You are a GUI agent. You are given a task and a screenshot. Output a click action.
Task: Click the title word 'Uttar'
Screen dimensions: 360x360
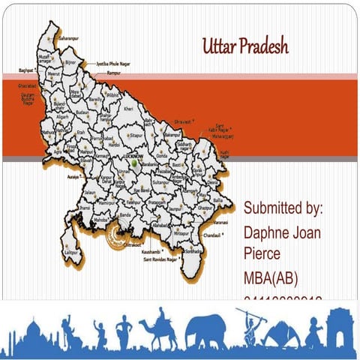tap(218, 46)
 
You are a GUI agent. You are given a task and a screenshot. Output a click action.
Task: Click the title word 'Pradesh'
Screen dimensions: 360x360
tap(262, 46)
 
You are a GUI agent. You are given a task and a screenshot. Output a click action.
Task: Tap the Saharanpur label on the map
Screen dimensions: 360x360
tap(68, 37)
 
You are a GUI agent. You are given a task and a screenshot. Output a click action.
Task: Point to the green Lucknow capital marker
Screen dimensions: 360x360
tap(134, 162)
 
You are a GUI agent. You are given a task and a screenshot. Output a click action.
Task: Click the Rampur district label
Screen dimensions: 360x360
tap(114, 74)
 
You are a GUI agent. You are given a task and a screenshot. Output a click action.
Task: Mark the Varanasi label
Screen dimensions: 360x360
tap(219, 222)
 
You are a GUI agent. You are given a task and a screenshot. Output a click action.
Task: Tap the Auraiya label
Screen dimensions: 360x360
tap(73, 177)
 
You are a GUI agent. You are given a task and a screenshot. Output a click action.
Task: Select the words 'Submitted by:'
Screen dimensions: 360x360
tap(283, 207)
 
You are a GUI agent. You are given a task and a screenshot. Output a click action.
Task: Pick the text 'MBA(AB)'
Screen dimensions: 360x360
tap(271, 279)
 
